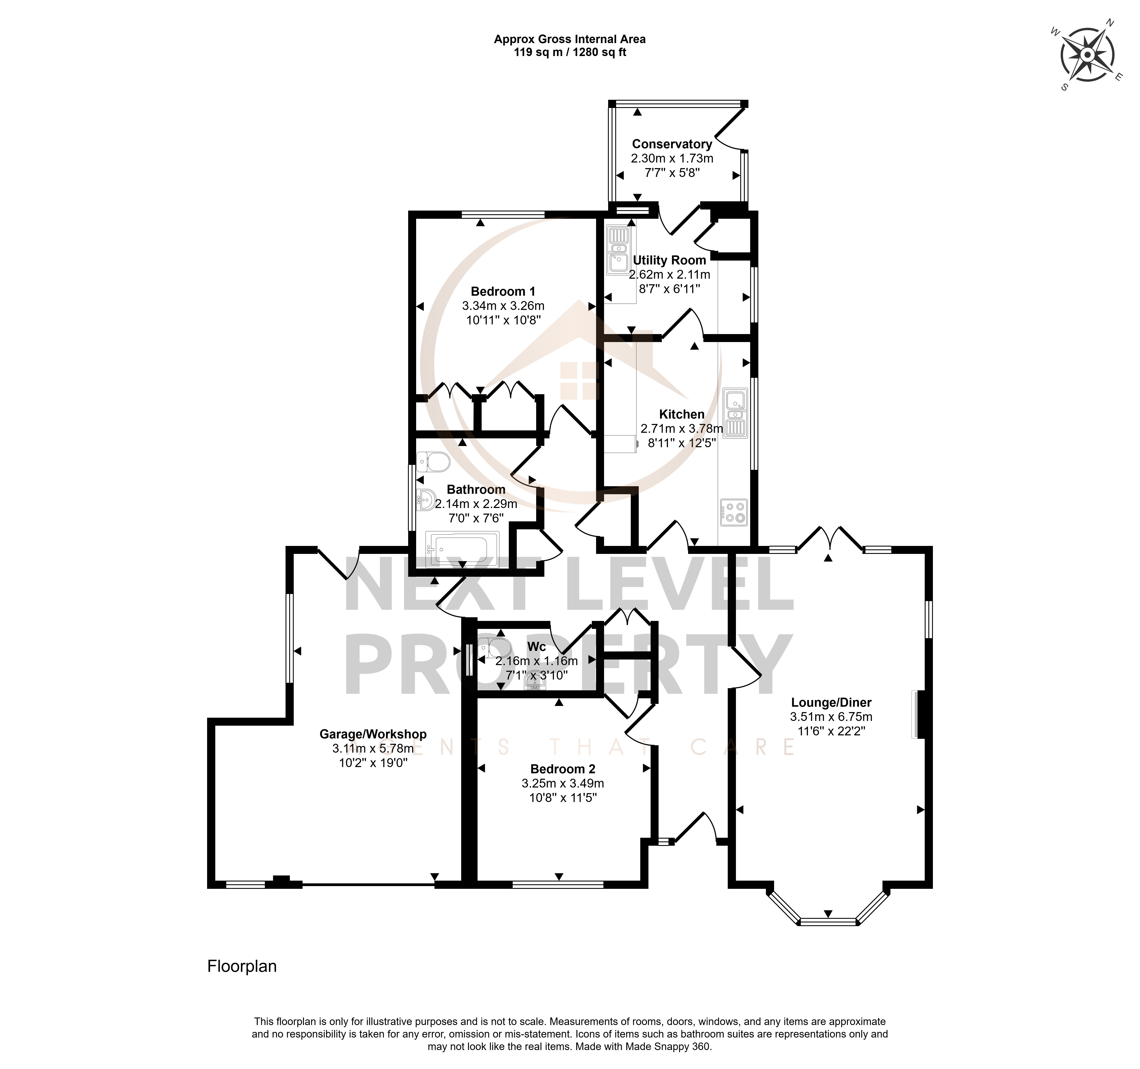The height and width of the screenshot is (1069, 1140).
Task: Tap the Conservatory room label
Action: [672, 144]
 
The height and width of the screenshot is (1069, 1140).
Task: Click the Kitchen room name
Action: [682, 414]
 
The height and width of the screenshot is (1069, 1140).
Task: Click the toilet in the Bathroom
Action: [434, 461]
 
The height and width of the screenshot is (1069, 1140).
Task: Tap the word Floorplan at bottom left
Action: [242, 966]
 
